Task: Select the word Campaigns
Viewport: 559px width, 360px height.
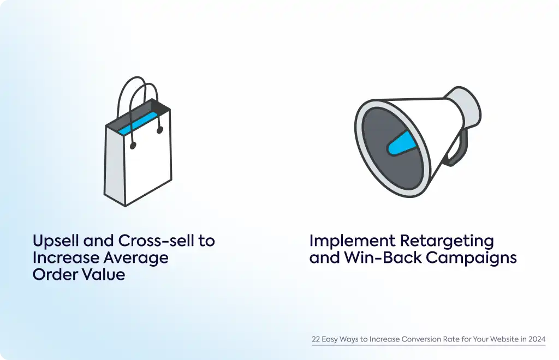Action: [x=471, y=259]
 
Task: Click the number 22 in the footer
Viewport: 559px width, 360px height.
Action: [x=316, y=339]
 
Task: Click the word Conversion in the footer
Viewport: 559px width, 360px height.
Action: [x=420, y=339]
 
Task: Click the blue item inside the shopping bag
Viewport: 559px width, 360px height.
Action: [x=138, y=123]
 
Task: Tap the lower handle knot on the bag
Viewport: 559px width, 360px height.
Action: [x=133, y=145]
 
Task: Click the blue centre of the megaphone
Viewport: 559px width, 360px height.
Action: [x=402, y=143]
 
